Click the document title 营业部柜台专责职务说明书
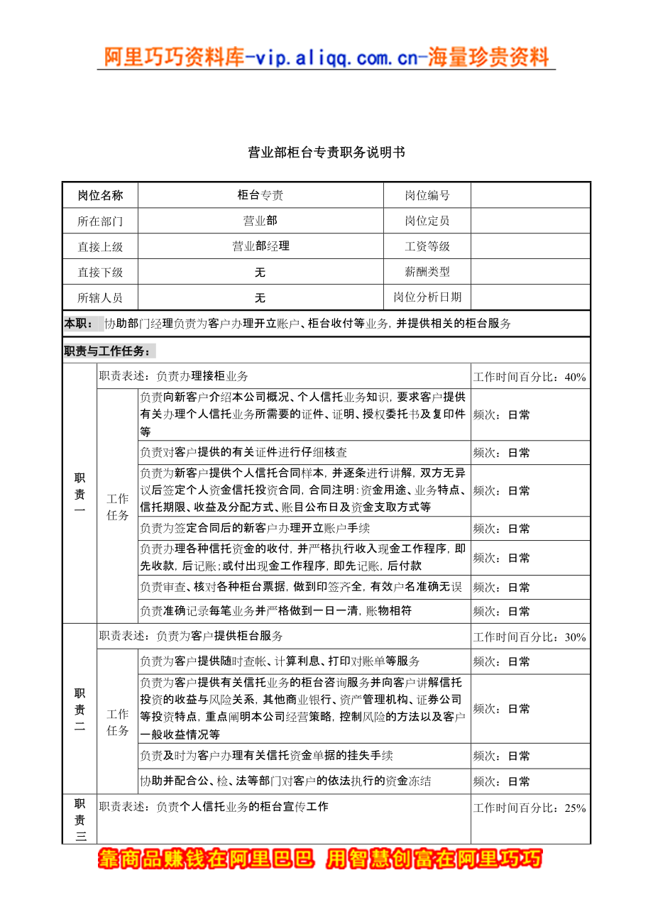coord(326,153)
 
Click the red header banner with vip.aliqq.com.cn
coord(326,57)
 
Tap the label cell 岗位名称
coord(100,195)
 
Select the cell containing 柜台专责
coord(260,195)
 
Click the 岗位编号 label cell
coord(427,195)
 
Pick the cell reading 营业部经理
coord(260,246)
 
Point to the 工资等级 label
coord(427,246)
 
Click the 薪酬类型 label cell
coord(427,272)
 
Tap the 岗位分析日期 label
coord(427,297)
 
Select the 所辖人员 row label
coord(100,297)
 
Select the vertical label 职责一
coord(79,494)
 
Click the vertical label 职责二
coord(79,709)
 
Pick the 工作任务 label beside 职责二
coord(118,722)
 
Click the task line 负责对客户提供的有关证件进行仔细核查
coord(244,453)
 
